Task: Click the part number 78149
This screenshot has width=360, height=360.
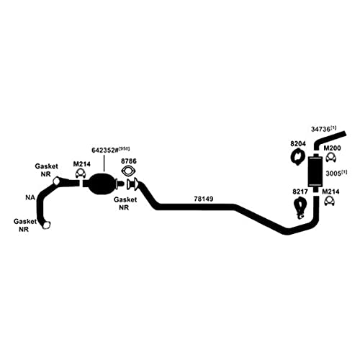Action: click(x=203, y=199)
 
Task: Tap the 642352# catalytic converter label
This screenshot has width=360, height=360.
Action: click(x=110, y=150)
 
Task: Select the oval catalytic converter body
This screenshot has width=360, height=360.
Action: click(x=102, y=184)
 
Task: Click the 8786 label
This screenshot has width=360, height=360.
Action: click(x=129, y=161)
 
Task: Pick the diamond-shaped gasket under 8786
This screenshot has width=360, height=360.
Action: click(x=128, y=171)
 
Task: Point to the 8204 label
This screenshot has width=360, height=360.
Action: click(x=298, y=144)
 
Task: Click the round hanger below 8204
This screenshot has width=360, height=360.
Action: click(x=297, y=157)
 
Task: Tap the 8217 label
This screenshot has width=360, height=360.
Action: click(x=300, y=192)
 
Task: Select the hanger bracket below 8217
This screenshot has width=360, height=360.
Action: click(x=300, y=208)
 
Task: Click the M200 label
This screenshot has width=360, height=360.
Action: click(x=332, y=148)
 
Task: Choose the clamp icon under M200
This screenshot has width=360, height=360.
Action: click(x=331, y=158)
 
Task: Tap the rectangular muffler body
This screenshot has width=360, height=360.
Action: click(x=316, y=171)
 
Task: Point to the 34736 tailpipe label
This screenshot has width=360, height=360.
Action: click(x=323, y=129)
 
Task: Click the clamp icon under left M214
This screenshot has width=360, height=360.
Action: click(x=81, y=174)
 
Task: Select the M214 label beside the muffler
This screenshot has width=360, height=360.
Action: click(x=330, y=192)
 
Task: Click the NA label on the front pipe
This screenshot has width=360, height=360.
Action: click(x=30, y=197)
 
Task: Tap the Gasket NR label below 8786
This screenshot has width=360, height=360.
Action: click(x=125, y=203)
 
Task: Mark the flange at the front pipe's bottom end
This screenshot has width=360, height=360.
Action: click(x=46, y=225)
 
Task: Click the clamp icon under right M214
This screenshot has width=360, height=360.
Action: click(x=329, y=201)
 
